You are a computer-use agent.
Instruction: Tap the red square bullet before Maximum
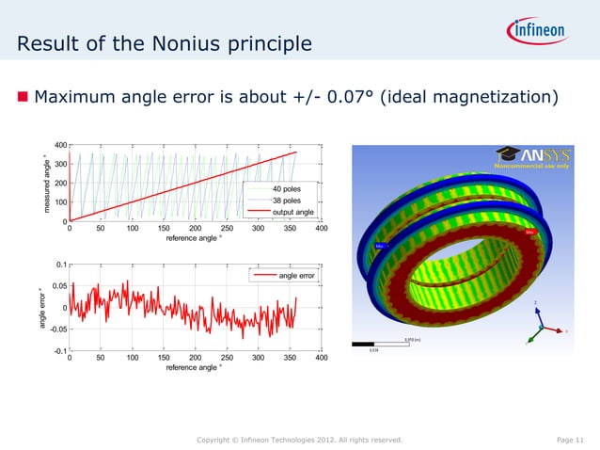[23, 97]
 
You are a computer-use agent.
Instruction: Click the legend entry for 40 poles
[287, 189]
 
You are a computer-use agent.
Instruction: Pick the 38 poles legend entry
[287, 201]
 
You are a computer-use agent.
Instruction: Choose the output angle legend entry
[292, 212]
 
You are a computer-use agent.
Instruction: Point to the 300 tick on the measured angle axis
[59, 164]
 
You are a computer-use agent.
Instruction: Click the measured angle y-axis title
[45, 184]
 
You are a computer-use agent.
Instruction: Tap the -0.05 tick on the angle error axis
[55, 329]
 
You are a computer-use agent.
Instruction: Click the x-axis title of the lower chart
[195, 368]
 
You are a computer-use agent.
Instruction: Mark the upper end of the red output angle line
[296, 153]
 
